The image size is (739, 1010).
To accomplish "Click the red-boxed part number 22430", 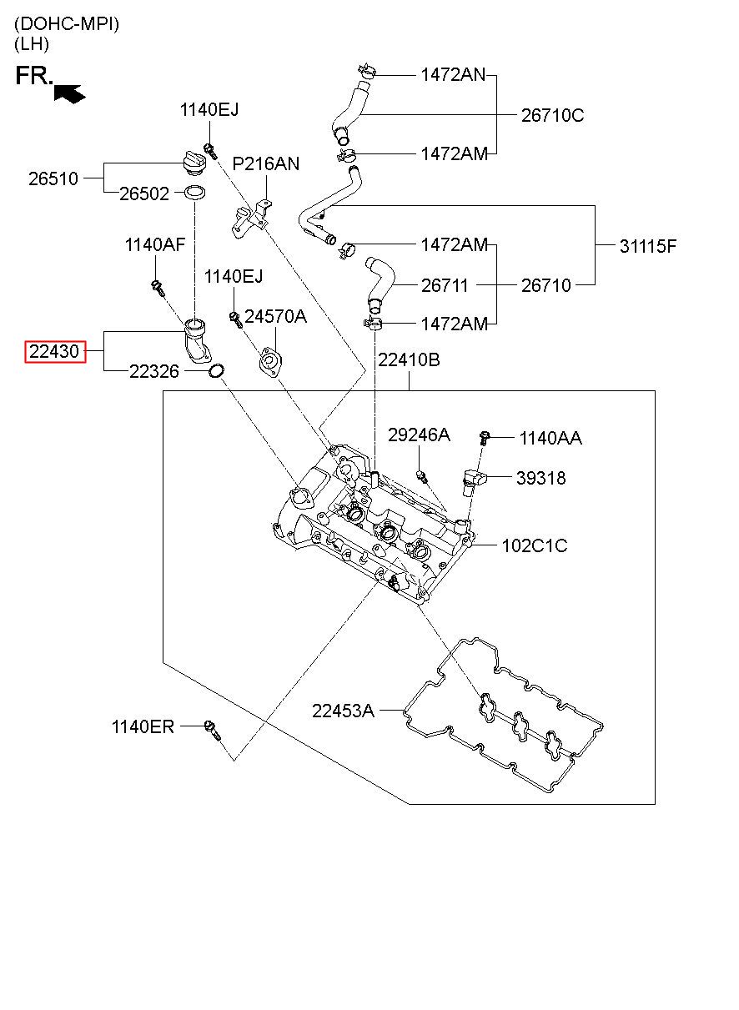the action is (54, 351).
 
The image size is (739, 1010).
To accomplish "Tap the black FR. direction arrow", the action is (69, 93).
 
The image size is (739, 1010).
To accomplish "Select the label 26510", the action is (53, 178).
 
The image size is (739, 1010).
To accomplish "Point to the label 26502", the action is (144, 193).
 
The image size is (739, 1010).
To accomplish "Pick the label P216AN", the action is (265, 163).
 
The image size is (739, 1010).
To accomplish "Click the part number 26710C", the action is (552, 115).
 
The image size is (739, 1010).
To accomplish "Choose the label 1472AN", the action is (453, 75).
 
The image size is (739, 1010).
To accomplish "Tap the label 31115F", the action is (648, 246).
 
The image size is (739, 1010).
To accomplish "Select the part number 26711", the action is (445, 285).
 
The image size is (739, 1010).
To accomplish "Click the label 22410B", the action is (409, 359).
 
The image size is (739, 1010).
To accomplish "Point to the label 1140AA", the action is (550, 438).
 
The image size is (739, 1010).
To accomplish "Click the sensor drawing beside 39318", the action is (474, 480).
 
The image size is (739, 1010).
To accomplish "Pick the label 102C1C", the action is (535, 545).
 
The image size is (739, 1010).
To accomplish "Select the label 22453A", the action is (343, 711).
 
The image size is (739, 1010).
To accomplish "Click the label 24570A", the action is (275, 317).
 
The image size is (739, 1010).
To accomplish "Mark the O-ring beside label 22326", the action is (217, 370).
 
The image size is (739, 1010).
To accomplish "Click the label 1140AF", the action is (155, 245).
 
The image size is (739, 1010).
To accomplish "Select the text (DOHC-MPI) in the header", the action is (67, 24).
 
